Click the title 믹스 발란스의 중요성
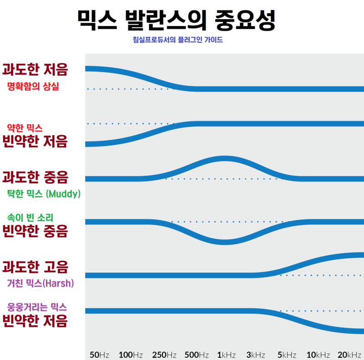(177, 19)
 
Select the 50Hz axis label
(99, 355)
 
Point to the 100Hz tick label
(131, 355)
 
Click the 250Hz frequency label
(164, 355)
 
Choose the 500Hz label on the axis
(197, 355)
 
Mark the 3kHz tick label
(255, 355)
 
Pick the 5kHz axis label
(287, 355)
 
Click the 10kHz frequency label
(318, 355)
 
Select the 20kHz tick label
(349, 355)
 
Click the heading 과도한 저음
(35, 70)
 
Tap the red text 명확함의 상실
(33, 86)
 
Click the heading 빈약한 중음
(35, 231)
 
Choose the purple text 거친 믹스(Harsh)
(40, 283)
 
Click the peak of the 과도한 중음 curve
(224, 158)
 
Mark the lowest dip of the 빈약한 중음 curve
(224, 242)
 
